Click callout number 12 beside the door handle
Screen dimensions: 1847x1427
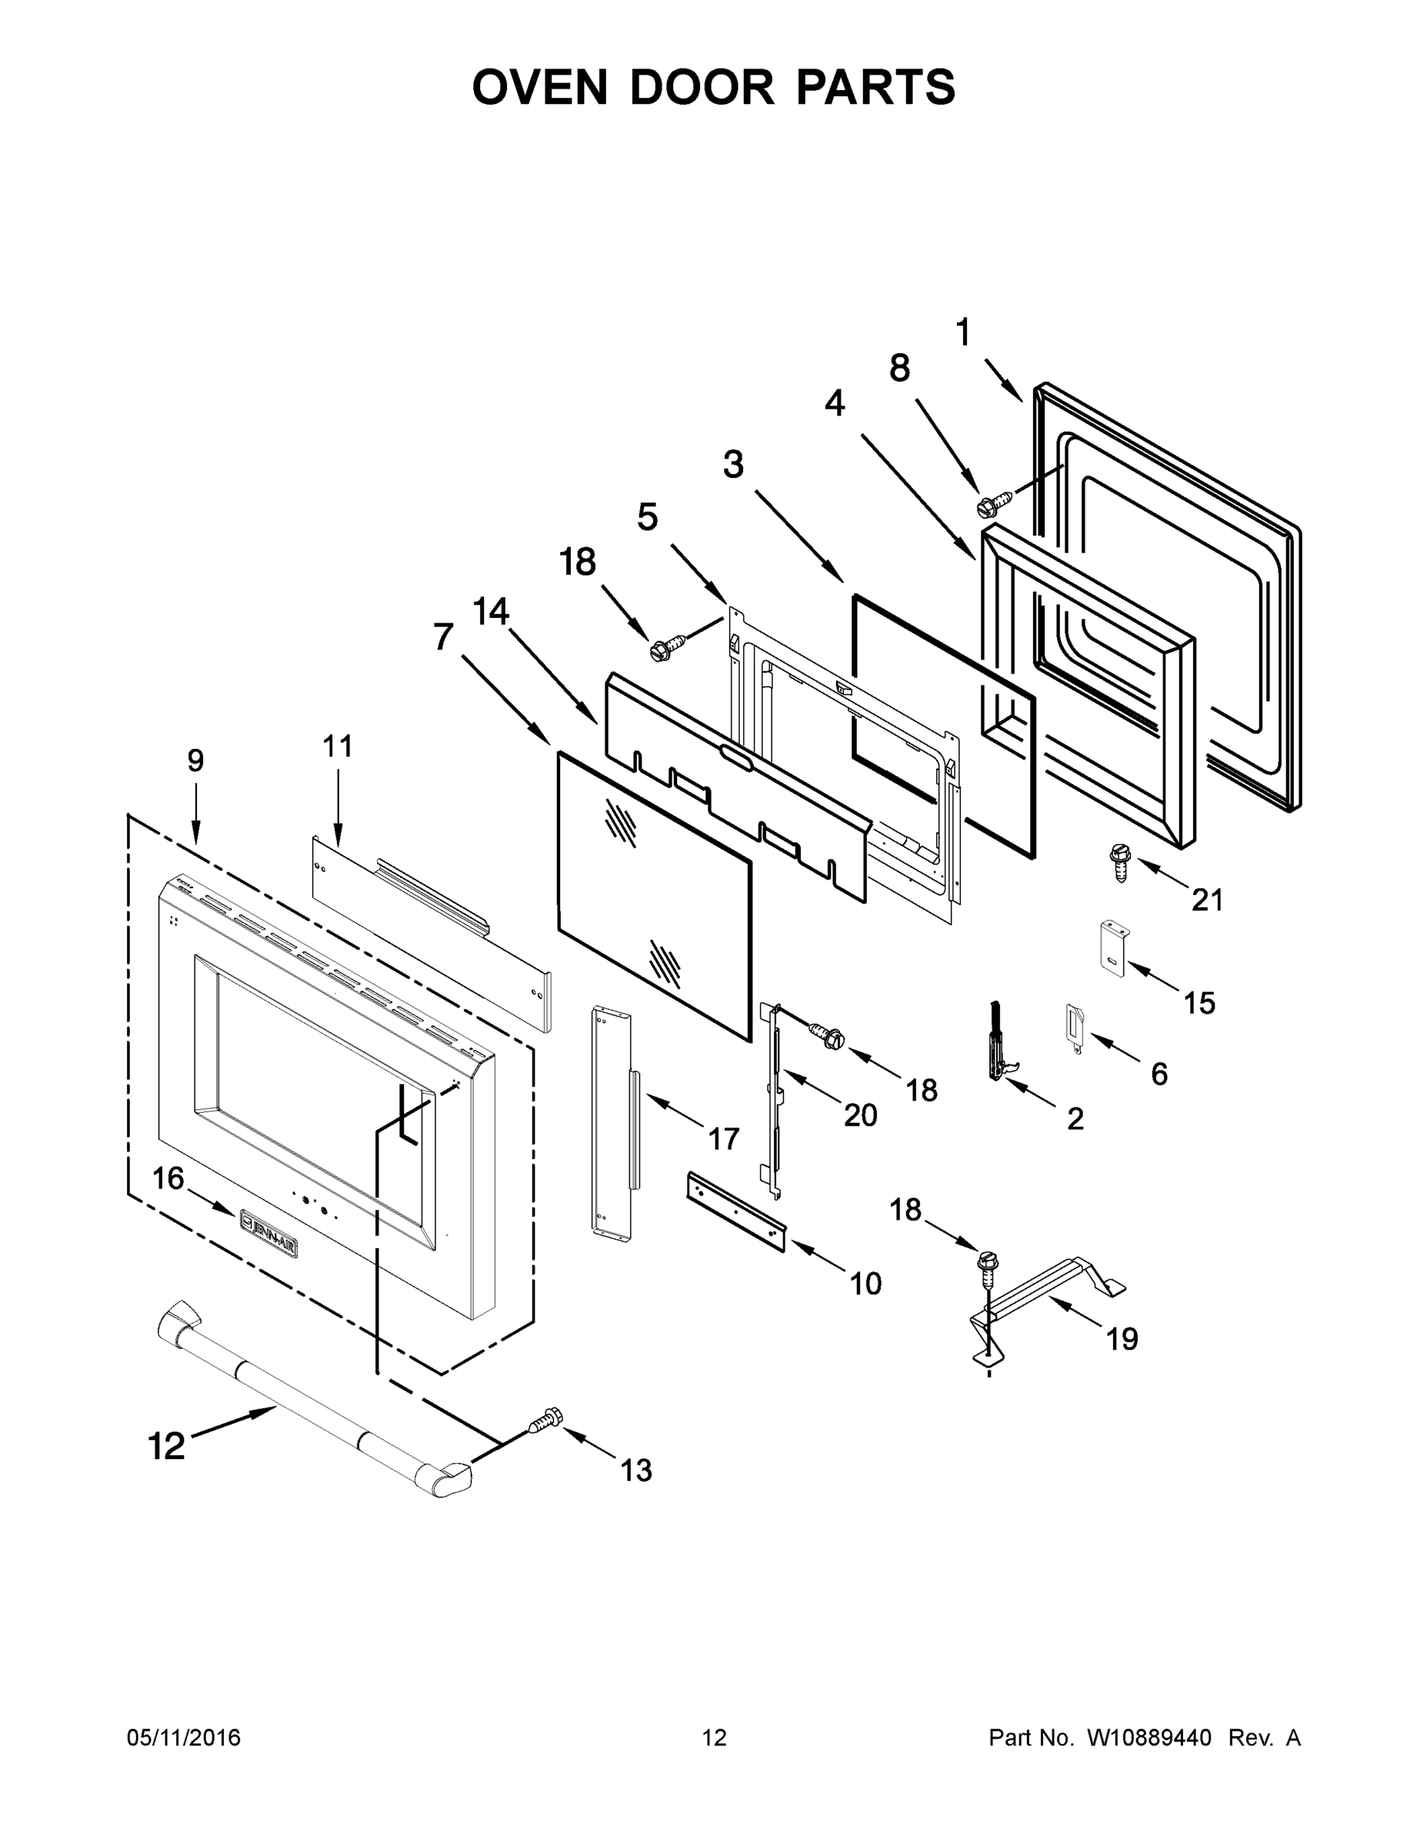tap(166, 1446)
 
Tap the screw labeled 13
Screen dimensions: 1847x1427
tap(544, 1420)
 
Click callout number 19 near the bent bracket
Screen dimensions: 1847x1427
tap(1122, 1339)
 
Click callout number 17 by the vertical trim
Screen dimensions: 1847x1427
tap(724, 1139)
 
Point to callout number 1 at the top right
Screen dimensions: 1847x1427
tap(963, 332)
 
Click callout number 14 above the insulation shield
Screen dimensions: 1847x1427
tap(490, 612)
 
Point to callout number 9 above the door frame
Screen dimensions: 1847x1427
tap(195, 761)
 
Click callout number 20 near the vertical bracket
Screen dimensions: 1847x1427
tap(861, 1115)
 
